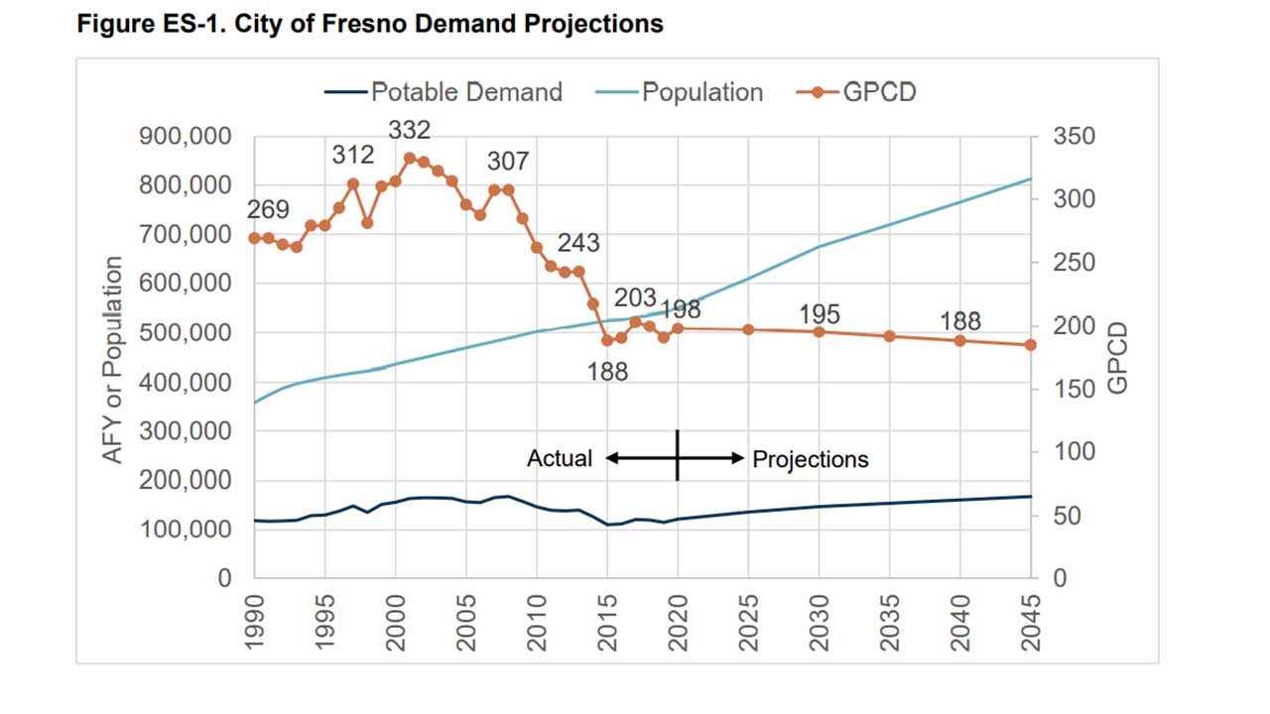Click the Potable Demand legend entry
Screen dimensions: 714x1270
(443, 92)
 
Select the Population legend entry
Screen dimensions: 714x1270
(680, 92)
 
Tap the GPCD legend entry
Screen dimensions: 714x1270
(857, 92)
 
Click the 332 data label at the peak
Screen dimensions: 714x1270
(409, 130)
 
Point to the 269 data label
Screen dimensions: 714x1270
(268, 210)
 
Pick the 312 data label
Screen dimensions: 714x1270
(352, 155)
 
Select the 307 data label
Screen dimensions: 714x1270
(507, 162)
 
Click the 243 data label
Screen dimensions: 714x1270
(577, 243)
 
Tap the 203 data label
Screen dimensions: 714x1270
(635, 297)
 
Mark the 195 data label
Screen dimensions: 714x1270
(820, 314)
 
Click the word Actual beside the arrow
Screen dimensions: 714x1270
(560, 459)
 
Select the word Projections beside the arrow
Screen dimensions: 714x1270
(811, 459)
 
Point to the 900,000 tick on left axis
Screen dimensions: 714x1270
(188, 136)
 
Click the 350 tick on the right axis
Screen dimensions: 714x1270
(1077, 136)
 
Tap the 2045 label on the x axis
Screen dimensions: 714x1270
(1032, 622)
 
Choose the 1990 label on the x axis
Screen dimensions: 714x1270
(255, 622)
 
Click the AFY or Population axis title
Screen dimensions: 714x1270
(113, 359)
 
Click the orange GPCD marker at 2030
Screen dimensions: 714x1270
(820, 331)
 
